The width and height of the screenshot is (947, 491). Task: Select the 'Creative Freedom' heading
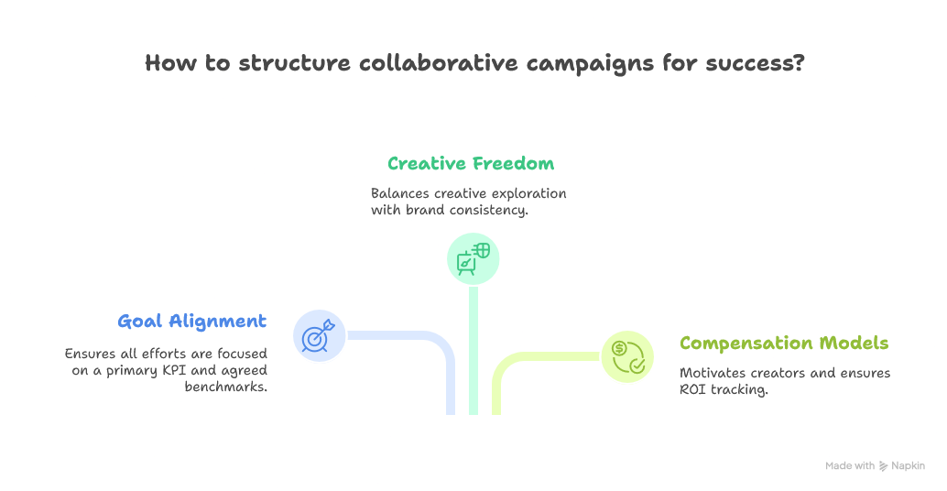471,164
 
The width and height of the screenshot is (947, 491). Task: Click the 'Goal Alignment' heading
192,322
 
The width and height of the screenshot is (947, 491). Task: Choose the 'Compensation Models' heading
784,344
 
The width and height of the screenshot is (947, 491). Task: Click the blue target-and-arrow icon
319,336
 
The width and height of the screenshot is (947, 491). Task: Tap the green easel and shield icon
473,259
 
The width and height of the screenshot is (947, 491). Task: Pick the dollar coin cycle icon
627,356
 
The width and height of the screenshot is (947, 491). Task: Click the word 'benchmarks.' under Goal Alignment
225,387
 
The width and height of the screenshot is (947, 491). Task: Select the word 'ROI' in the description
693,390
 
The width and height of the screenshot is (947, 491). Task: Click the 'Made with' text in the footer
849,465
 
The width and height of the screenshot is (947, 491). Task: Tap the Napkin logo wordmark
906,465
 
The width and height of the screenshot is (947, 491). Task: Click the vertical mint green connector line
473,357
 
